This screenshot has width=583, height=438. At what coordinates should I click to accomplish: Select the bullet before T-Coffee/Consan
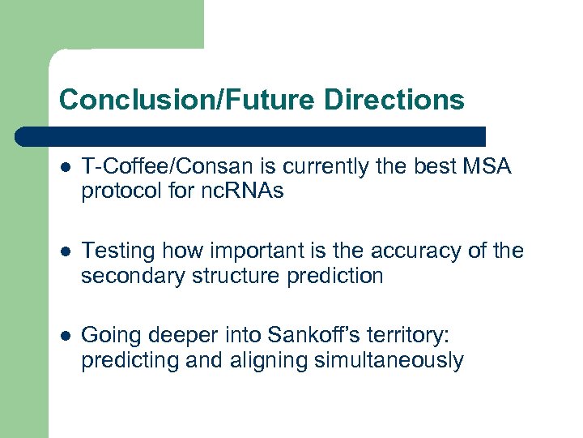coord(65,168)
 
